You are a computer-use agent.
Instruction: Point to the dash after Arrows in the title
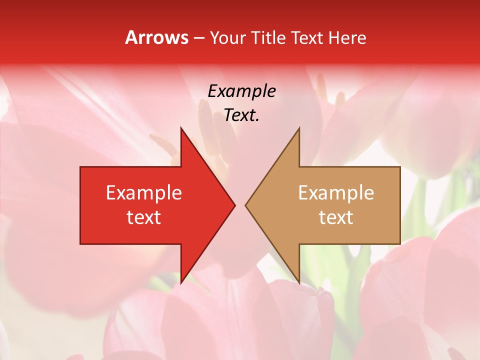(199, 38)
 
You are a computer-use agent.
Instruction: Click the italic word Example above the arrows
(242, 91)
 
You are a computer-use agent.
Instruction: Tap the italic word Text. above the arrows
(242, 115)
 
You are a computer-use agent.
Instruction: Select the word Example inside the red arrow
(144, 193)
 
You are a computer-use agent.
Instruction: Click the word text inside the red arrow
(144, 217)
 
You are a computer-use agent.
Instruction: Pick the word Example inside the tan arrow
(336, 193)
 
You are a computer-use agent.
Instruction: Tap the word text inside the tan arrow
(336, 217)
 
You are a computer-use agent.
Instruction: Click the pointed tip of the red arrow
(235, 205)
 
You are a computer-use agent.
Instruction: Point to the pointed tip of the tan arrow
(245, 205)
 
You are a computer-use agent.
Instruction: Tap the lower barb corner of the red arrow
(181, 283)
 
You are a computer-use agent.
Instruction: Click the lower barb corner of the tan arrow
(299, 283)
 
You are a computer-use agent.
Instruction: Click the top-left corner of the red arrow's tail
(80, 167)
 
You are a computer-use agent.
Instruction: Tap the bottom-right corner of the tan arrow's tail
(400, 244)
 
